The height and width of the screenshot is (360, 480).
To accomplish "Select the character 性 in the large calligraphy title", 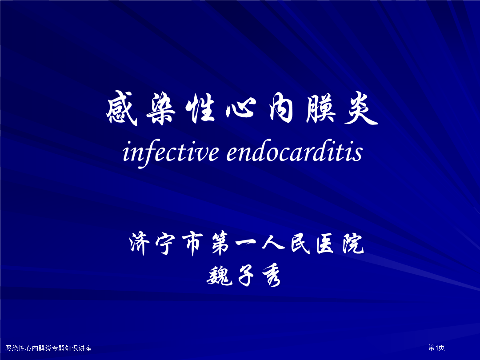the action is (x=200, y=108).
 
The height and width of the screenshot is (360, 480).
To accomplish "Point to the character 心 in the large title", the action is (x=241, y=109).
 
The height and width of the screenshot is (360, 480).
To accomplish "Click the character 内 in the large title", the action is (x=281, y=108).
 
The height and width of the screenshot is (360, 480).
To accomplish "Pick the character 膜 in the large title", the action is (x=321, y=108).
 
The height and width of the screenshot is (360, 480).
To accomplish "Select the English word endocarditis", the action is (x=295, y=151).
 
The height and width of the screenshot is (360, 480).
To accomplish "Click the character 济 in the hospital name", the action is (x=140, y=244).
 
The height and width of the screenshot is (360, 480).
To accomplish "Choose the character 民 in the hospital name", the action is (x=300, y=244).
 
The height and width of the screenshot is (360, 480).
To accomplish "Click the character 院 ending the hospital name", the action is (x=353, y=244).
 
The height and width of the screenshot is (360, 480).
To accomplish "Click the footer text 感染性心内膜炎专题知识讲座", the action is (x=48, y=348).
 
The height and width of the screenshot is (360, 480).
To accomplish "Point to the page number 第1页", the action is (x=436, y=348).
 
